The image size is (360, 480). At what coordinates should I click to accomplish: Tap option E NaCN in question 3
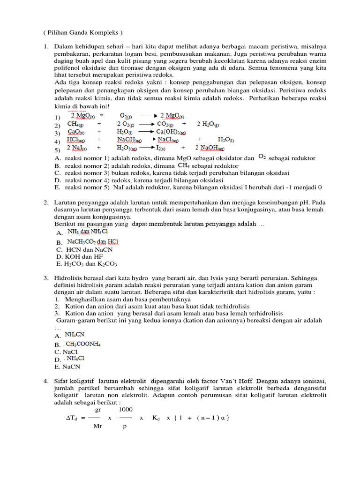[70, 367]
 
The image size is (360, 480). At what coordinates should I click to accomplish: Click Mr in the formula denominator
[97, 427]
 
